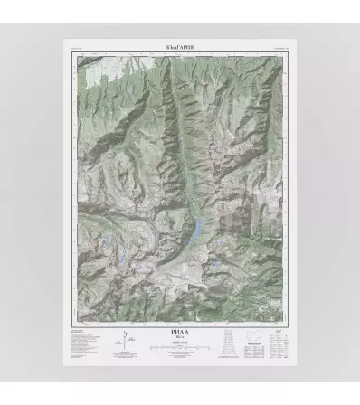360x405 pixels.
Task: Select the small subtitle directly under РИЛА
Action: [x=179, y=339]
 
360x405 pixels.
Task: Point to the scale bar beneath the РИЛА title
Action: [x=179, y=347]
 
